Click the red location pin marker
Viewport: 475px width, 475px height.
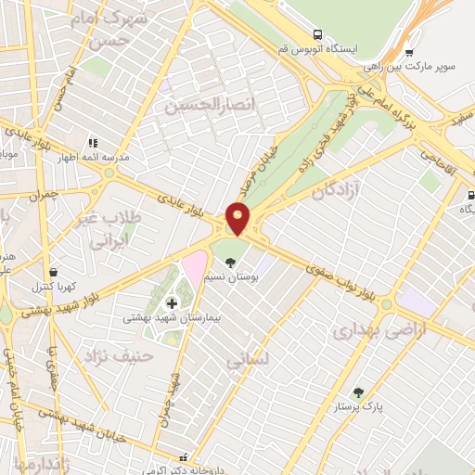click(239, 218)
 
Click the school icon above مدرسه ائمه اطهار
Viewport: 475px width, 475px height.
click(93, 143)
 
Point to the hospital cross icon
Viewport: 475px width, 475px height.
click(171, 302)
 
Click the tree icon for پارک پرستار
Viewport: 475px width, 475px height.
click(358, 392)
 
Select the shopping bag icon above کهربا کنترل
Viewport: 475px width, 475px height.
click(53, 272)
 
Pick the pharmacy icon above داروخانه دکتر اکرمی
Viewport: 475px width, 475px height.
click(184, 457)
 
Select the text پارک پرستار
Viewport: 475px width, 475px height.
click(384, 406)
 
